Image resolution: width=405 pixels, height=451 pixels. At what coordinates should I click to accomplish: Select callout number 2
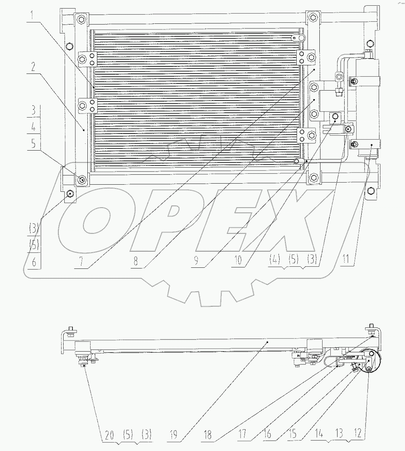tap(33, 67)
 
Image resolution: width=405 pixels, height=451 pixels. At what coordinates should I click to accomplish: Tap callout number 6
tap(34, 262)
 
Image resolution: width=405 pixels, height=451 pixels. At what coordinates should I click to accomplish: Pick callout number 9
tap(196, 261)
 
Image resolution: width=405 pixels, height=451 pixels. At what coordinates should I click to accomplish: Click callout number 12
tap(358, 433)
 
